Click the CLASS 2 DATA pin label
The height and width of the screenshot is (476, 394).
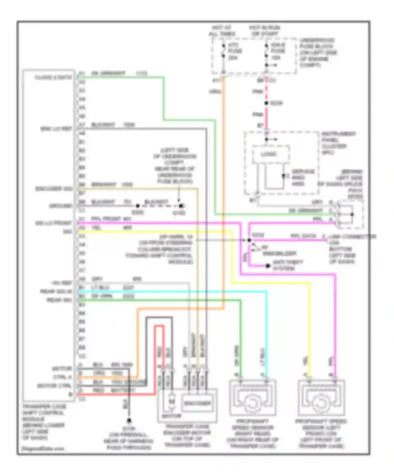53,77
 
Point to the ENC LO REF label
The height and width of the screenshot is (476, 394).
56,129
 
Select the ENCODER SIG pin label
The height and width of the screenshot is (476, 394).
54,189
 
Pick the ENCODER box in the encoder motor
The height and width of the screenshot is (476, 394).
197,403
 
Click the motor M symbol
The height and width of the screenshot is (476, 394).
171,402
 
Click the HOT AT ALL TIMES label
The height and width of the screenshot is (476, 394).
222,31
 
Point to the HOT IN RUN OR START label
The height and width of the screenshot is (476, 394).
264,31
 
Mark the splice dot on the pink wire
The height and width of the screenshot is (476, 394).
266,103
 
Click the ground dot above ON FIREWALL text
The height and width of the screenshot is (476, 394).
129,421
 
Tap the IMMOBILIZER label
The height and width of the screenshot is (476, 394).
279,253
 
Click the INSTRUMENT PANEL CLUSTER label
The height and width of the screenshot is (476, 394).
339,143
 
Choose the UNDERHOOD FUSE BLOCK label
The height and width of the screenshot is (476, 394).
318,52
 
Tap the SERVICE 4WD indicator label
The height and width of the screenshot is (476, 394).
303,177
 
